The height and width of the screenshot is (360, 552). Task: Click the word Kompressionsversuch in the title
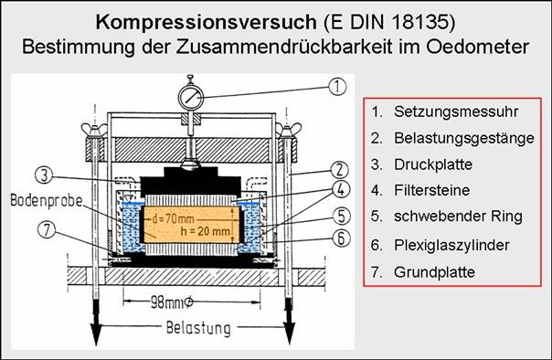(207, 23)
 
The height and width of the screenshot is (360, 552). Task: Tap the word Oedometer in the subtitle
(478, 47)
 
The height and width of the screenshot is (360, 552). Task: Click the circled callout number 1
(337, 87)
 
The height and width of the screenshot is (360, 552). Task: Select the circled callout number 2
(339, 170)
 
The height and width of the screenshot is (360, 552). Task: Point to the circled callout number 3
(45, 175)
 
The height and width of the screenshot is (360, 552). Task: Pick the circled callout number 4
(341, 190)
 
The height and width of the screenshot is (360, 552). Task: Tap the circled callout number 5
(342, 216)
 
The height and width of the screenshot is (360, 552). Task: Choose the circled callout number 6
(341, 238)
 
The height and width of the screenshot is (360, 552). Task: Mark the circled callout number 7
(47, 230)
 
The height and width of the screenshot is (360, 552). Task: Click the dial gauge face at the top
(191, 98)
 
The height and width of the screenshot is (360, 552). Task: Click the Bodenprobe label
(46, 201)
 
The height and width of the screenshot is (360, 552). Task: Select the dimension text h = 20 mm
(206, 231)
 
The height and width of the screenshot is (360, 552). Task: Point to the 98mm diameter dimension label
(172, 302)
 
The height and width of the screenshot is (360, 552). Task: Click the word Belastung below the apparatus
(198, 328)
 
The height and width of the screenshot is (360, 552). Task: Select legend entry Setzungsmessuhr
(456, 111)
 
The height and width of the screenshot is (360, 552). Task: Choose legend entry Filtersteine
(432, 190)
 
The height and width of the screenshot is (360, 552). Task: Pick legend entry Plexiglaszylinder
(451, 245)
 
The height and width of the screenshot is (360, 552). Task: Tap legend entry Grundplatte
(434, 272)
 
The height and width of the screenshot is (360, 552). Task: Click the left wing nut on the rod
(94, 130)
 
